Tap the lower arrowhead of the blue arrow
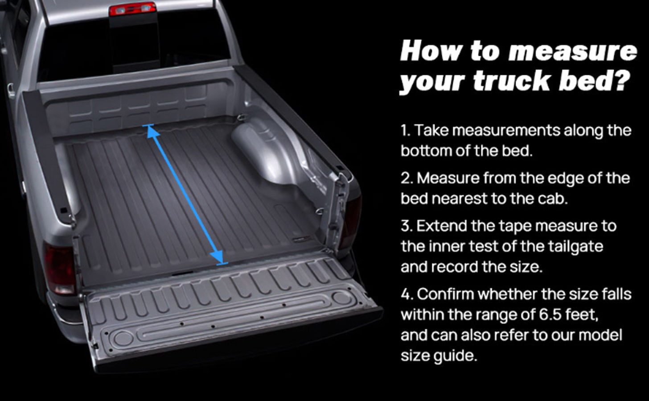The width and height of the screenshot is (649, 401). point(219,258)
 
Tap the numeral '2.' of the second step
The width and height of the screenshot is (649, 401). point(406,178)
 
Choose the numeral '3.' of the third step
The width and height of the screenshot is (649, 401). point(406,226)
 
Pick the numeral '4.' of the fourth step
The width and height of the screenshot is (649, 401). point(407,294)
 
